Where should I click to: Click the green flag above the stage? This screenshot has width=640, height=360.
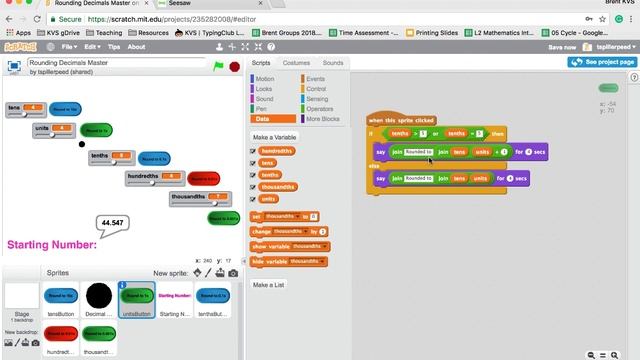point(219,66)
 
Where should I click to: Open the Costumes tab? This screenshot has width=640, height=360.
point(296,63)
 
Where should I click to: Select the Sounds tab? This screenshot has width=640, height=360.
point(332,63)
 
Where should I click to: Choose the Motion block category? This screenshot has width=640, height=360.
point(264,78)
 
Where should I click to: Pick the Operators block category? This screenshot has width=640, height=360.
point(320,109)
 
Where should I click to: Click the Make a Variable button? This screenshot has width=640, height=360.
point(274,137)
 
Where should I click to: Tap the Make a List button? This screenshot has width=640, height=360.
point(268,285)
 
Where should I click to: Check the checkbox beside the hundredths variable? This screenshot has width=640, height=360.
point(253,151)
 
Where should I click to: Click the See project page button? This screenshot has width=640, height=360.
point(602,62)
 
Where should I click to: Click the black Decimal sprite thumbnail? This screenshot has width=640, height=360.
point(98,297)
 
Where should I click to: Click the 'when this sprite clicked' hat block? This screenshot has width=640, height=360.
point(402,119)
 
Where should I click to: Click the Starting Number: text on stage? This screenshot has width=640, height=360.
point(52,244)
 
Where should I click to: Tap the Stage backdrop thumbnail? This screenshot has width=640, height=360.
point(21,297)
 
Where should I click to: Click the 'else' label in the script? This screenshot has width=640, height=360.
point(374,165)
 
